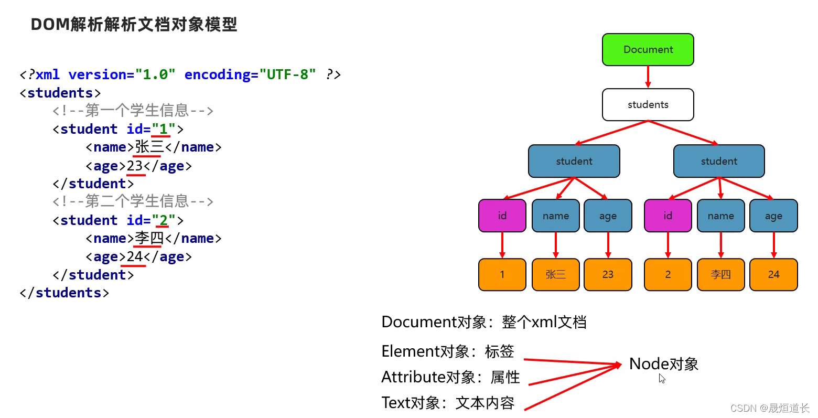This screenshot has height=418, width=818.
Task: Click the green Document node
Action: click(648, 50)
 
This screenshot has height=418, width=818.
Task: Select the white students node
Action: click(648, 105)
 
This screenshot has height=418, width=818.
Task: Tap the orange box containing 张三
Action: click(555, 274)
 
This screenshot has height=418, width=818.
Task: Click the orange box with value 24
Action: click(773, 274)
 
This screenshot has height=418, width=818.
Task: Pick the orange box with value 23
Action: click(608, 274)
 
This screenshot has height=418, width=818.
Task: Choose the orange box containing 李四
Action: click(720, 274)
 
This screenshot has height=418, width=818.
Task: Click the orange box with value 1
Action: click(502, 274)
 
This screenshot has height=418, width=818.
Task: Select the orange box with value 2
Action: click(668, 274)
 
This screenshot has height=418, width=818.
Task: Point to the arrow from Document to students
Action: click(648, 77)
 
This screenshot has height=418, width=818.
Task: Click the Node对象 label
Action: click(664, 363)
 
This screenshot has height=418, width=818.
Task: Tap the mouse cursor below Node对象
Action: click(662, 379)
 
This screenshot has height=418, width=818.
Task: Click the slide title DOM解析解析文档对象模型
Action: click(134, 24)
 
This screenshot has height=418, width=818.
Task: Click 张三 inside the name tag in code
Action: click(149, 147)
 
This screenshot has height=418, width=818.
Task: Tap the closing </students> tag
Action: click(64, 293)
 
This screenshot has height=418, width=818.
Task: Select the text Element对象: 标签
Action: click(448, 351)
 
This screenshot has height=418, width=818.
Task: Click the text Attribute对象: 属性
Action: click(450, 377)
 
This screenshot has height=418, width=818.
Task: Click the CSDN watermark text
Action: click(769, 408)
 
